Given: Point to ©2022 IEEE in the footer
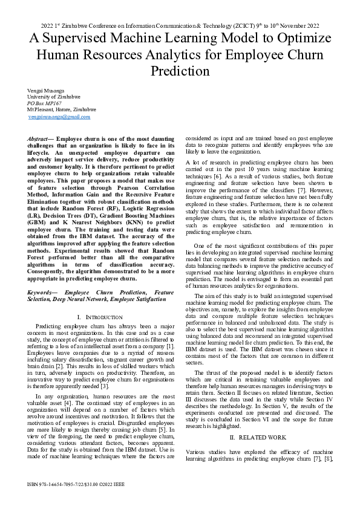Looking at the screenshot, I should point(113,485).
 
